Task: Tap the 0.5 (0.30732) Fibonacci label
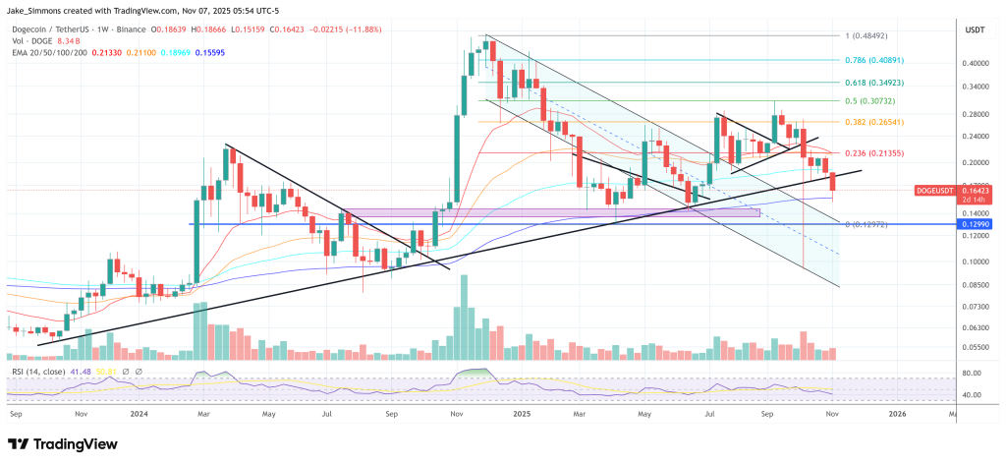pyautogui.click(x=870, y=101)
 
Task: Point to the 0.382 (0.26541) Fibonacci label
pyautogui.click(x=874, y=122)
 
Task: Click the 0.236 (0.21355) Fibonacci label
pyautogui.click(x=874, y=153)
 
